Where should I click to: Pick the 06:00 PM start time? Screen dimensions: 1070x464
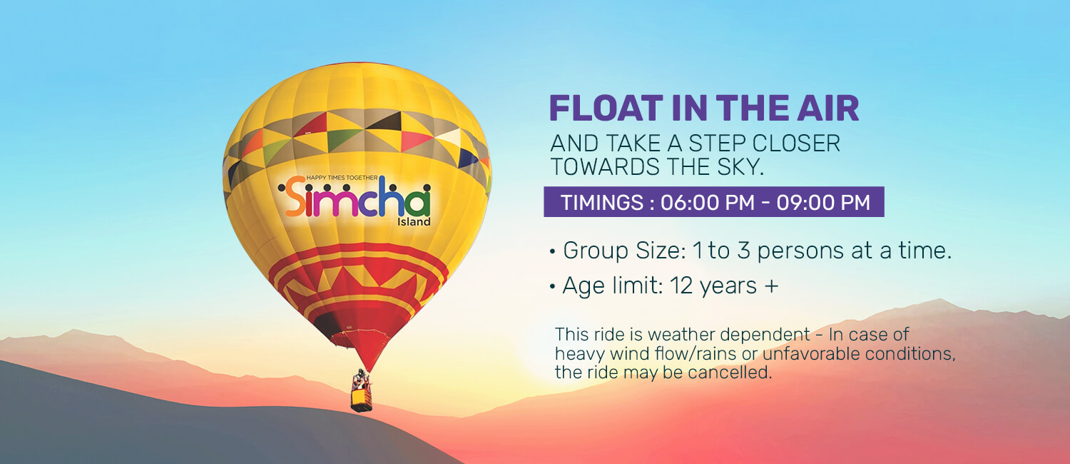coord(708,202)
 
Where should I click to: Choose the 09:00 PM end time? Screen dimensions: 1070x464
coord(823,202)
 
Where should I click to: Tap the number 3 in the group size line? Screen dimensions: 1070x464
coord(743,251)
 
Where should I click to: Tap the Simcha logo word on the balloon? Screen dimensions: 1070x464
coord(355,197)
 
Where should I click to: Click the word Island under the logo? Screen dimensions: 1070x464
coord(414,222)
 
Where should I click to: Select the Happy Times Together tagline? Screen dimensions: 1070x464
coord(342,178)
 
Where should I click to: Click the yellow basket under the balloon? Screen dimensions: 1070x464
coord(362,400)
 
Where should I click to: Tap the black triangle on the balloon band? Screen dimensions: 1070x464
coord(385,121)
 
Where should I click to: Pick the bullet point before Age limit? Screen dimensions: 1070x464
coord(553,287)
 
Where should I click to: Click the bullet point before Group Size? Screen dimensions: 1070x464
coord(553,251)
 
